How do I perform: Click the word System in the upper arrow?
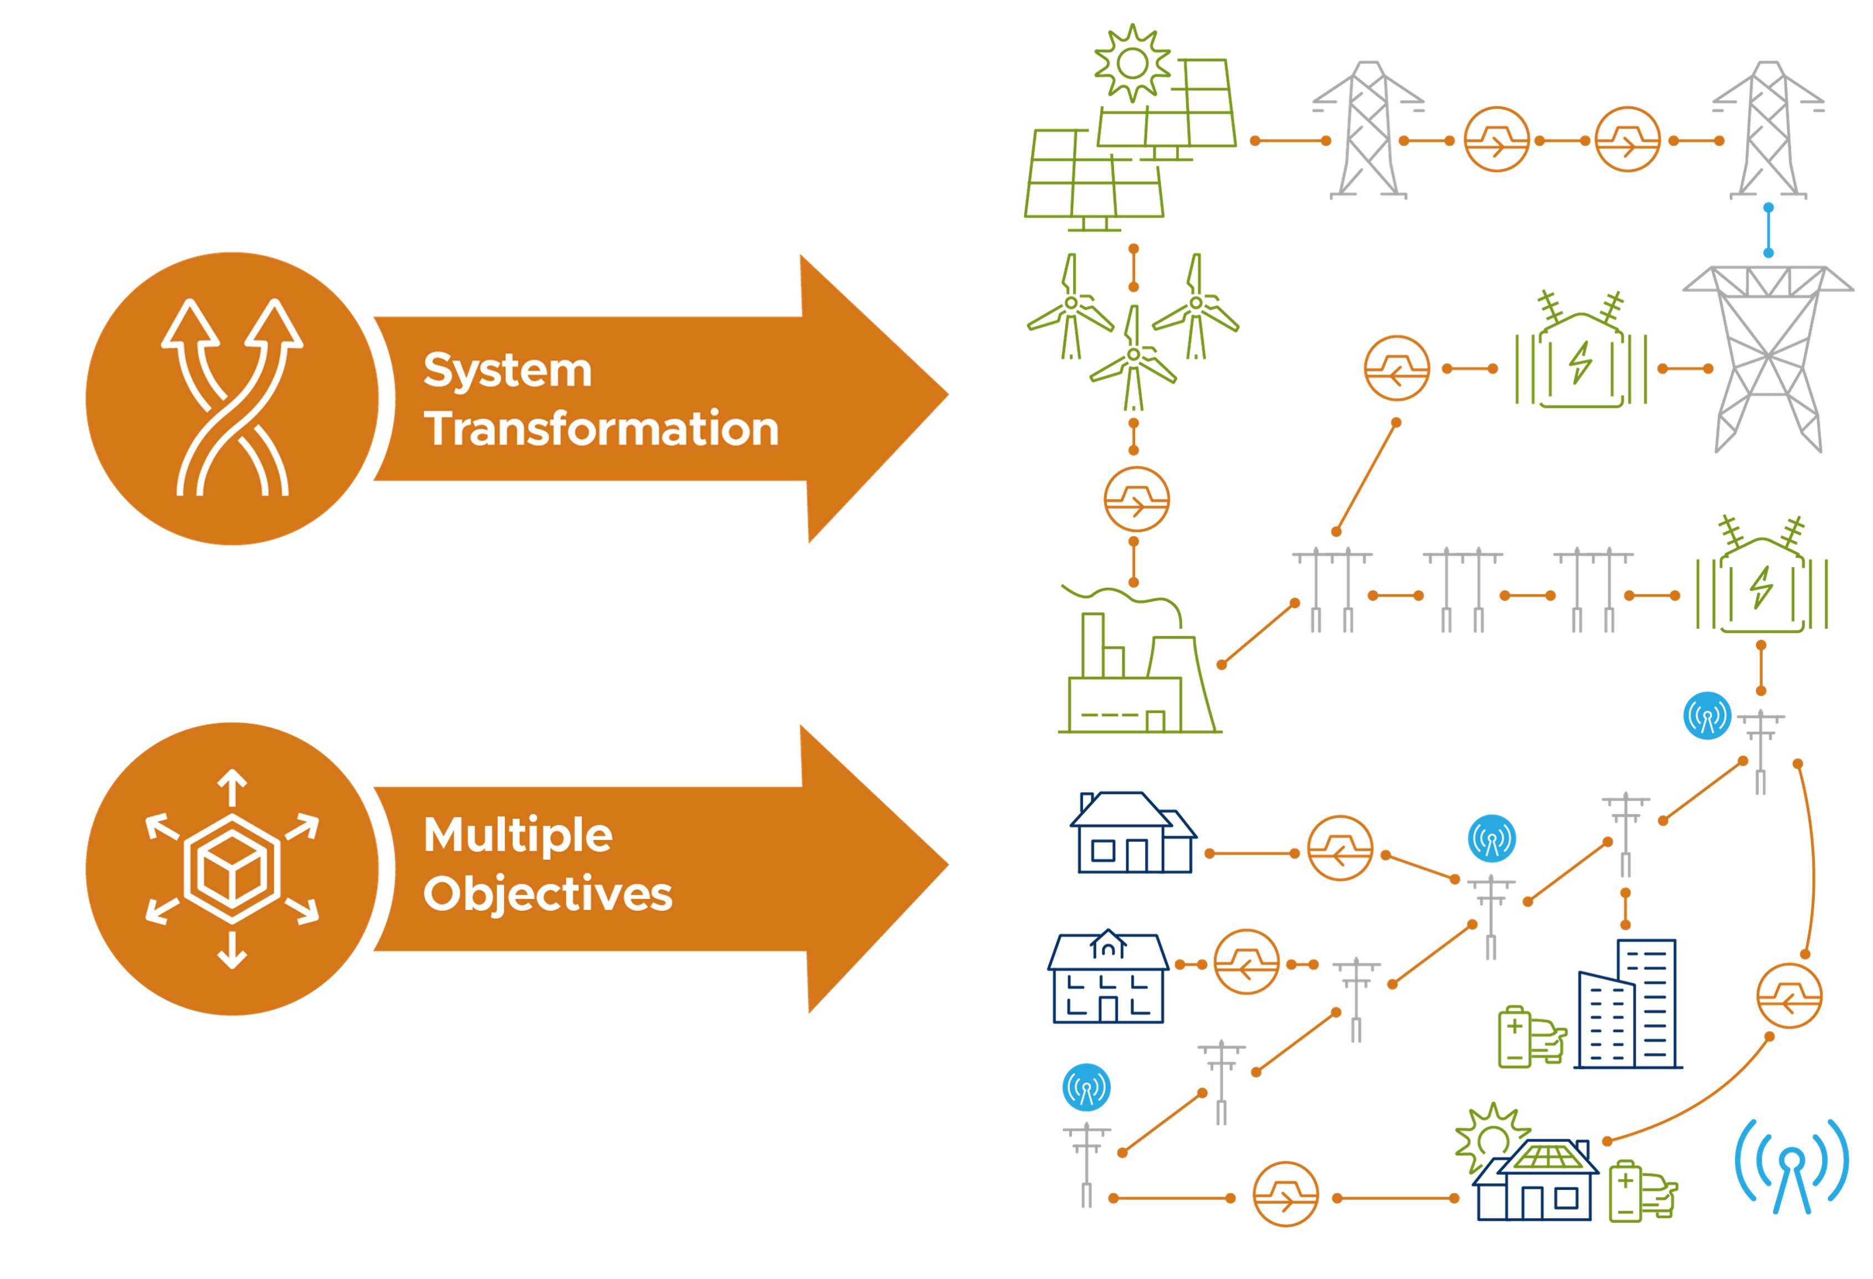(x=508, y=371)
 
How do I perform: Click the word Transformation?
(x=601, y=428)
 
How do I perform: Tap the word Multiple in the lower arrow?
(x=517, y=835)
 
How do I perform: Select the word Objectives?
(x=547, y=894)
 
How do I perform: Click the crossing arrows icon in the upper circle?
(x=232, y=397)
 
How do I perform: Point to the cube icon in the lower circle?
(x=232, y=868)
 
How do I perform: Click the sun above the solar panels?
(x=1132, y=63)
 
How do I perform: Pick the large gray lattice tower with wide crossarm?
(x=1767, y=358)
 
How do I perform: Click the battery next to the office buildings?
(x=1513, y=1036)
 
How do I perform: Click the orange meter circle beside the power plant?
(x=1136, y=500)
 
